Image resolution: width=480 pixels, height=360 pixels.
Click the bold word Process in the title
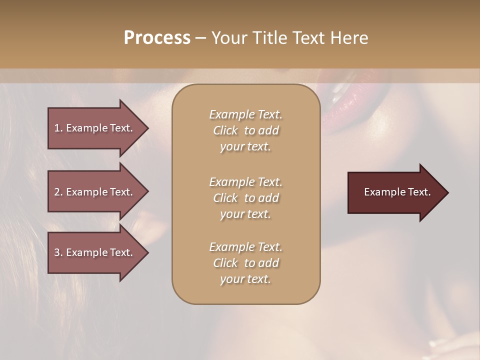click(157, 38)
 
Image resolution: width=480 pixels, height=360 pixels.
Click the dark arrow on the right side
click(397, 192)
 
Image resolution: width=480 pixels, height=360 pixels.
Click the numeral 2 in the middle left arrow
click(57, 192)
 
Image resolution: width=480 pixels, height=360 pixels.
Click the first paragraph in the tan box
click(245, 130)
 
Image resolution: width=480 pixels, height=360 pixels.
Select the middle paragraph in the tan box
click(245, 198)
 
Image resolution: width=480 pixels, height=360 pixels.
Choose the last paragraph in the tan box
click(245, 263)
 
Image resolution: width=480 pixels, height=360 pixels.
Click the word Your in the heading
click(229, 38)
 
